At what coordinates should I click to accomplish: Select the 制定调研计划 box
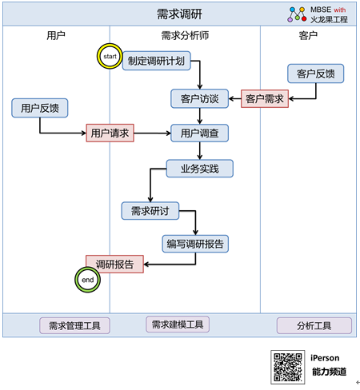(157, 61)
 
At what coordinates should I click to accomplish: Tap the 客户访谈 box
(199, 98)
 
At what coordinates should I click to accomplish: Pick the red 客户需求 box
(265, 98)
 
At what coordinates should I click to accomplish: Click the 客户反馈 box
(316, 74)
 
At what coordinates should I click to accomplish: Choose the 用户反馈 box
(40, 108)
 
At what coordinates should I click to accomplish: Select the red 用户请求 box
(110, 133)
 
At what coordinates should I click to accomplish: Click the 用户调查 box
(199, 133)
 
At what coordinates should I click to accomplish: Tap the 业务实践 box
(200, 169)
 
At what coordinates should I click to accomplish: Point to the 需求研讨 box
(150, 211)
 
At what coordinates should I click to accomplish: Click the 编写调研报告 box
(195, 244)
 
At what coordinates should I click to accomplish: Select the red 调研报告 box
(114, 264)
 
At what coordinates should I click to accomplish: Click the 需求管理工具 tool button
(74, 325)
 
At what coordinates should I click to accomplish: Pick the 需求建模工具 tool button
(178, 324)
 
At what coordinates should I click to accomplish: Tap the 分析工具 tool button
(314, 325)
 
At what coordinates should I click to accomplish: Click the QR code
(288, 367)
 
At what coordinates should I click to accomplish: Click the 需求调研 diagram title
(179, 14)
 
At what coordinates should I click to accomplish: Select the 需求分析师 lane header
(185, 35)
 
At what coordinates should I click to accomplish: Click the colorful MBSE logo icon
(297, 14)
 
